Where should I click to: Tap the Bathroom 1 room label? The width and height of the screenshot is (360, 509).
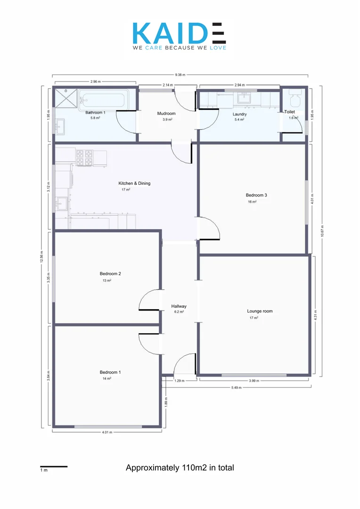(95, 113)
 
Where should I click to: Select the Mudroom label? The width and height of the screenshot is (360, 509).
(166, 114)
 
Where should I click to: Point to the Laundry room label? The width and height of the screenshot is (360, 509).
(240, 114)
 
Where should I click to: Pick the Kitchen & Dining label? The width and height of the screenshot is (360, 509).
(134, 183)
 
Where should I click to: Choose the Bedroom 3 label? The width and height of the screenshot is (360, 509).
(256, 195)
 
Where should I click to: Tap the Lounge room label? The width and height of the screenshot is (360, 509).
(260, 311)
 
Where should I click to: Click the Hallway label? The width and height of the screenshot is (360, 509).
(179, 306)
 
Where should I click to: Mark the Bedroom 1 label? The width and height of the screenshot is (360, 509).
(111, 372)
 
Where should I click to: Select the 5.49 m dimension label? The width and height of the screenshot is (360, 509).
(236, 387)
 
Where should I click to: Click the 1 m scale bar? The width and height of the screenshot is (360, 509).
(53, 467)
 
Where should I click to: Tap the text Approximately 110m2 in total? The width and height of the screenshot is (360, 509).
(180, 468)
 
